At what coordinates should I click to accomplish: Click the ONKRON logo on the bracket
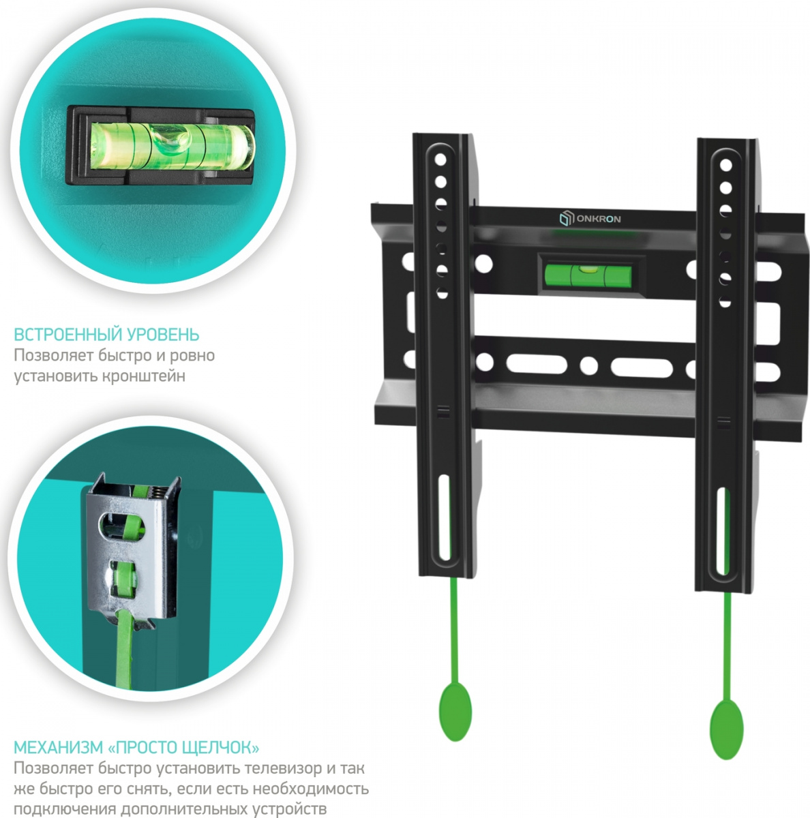[590, 219]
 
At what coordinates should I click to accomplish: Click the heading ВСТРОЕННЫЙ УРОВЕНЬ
[106, 335]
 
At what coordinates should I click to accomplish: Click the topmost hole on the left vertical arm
[440, 160]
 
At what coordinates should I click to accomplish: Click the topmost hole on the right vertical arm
[725, 165]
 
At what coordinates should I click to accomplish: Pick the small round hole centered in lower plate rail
[588, 365]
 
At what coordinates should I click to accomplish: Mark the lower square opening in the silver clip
[123, 578]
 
